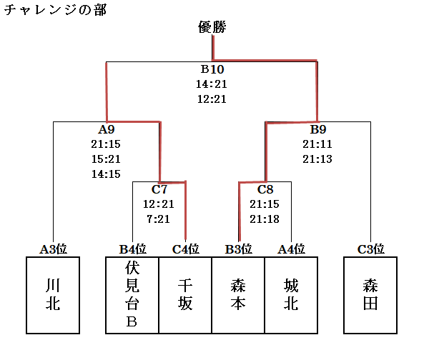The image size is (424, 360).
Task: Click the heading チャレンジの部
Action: point(55,10)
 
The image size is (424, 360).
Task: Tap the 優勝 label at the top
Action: point(212,27)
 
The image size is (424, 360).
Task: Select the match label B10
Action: point(212,69)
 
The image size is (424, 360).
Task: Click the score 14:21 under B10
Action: point(212,84)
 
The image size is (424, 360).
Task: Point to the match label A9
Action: point(107,129)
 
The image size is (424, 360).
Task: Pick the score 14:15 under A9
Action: point(106,174)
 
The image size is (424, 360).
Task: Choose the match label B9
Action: point(318,129)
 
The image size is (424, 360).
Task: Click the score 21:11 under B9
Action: point(317,144)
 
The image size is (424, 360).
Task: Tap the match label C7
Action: point(159,189)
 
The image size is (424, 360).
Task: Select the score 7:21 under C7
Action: point(159,219)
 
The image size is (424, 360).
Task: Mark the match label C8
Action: point(265,189)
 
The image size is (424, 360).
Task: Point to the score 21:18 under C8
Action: point(265,219)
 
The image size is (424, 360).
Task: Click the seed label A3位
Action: point(54,249)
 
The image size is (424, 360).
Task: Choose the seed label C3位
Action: point(370,249)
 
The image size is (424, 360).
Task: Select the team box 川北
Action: point(53,296)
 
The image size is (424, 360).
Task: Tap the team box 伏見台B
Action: point(132,296)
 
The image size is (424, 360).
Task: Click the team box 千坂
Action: point(185,296)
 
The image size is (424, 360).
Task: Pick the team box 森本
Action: point(238,296)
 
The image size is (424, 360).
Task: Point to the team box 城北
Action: point(291,296)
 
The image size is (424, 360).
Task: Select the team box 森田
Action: point(370,296)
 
